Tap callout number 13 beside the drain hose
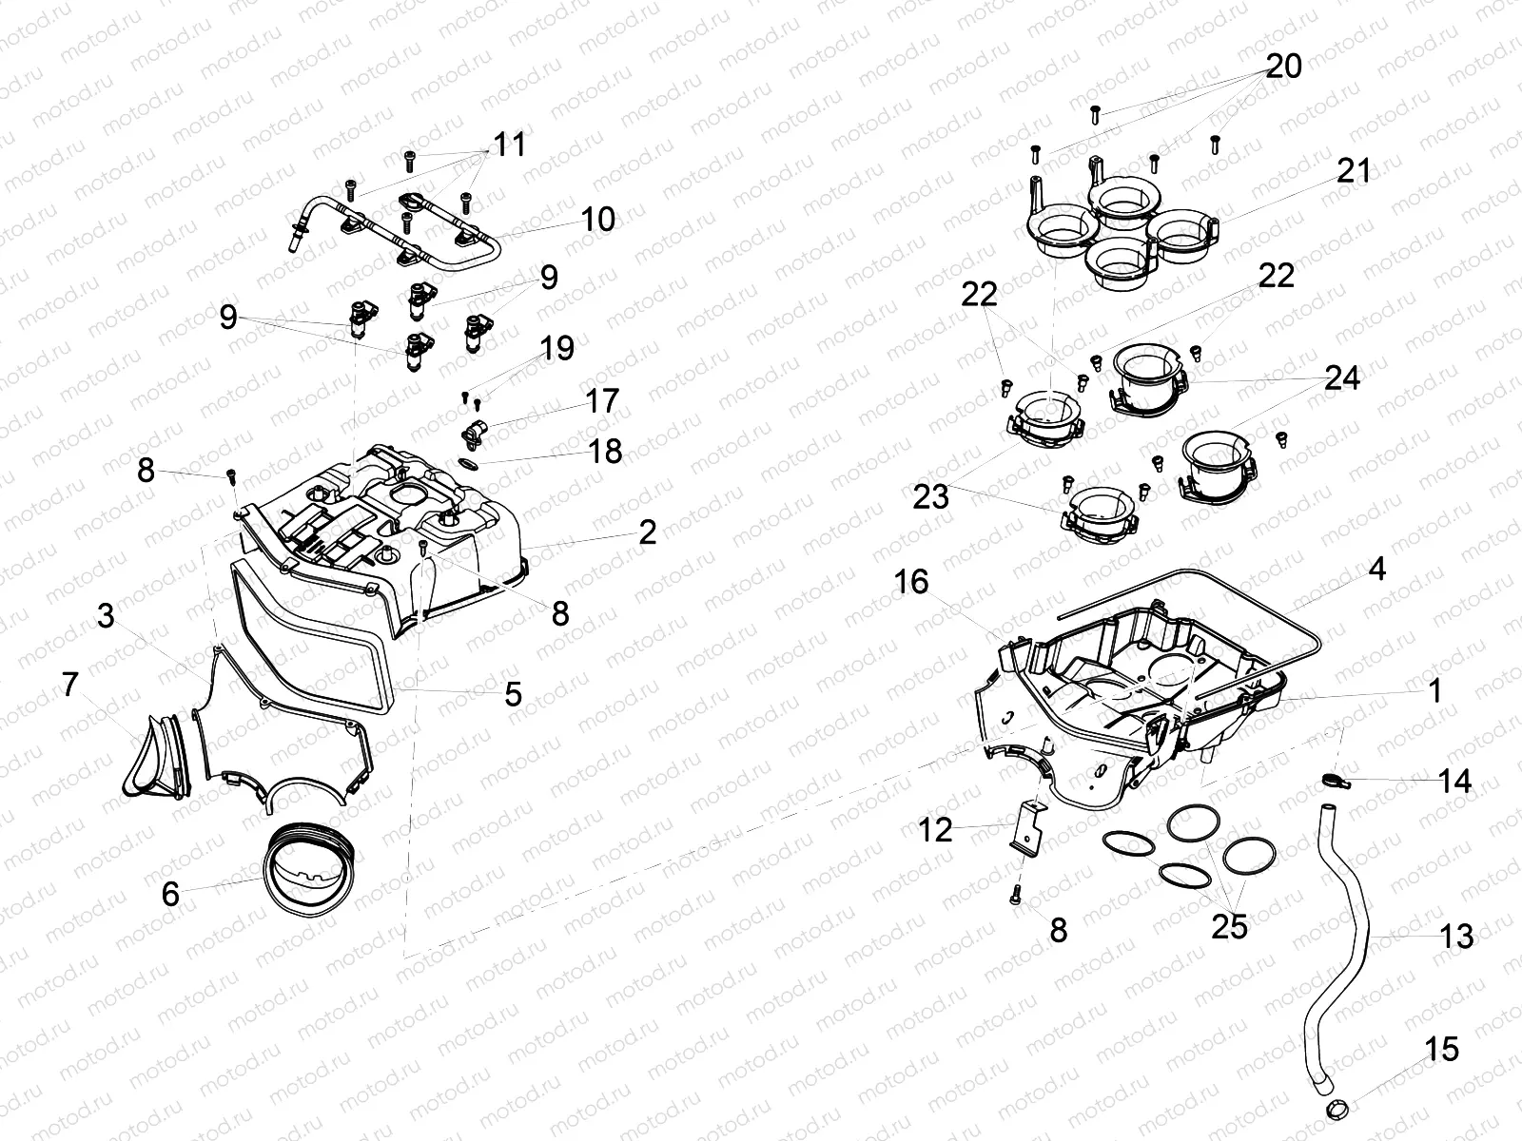pyautogui.click(x=1456, y=936)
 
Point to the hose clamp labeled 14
pyautogui.click(x=1334, y=781)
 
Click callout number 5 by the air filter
pyautogui.click(x=513, y=694)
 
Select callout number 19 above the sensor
pyautogui.click(x=557, y=348)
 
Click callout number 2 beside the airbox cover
pyautogui.click(x=647, y=532)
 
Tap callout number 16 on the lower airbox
pyautogui.click(x=911, y=581)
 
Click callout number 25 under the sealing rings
pyautogui.click(x=1229, y=925)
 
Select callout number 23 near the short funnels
pyautogui.click(x=931, y=495)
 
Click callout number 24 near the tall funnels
pyautogui.click(x=1342, y=378)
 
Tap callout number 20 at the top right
pyautogui.click(x=1283, y=67)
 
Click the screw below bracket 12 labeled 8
pyautogui.click(x=1016, y=893)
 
